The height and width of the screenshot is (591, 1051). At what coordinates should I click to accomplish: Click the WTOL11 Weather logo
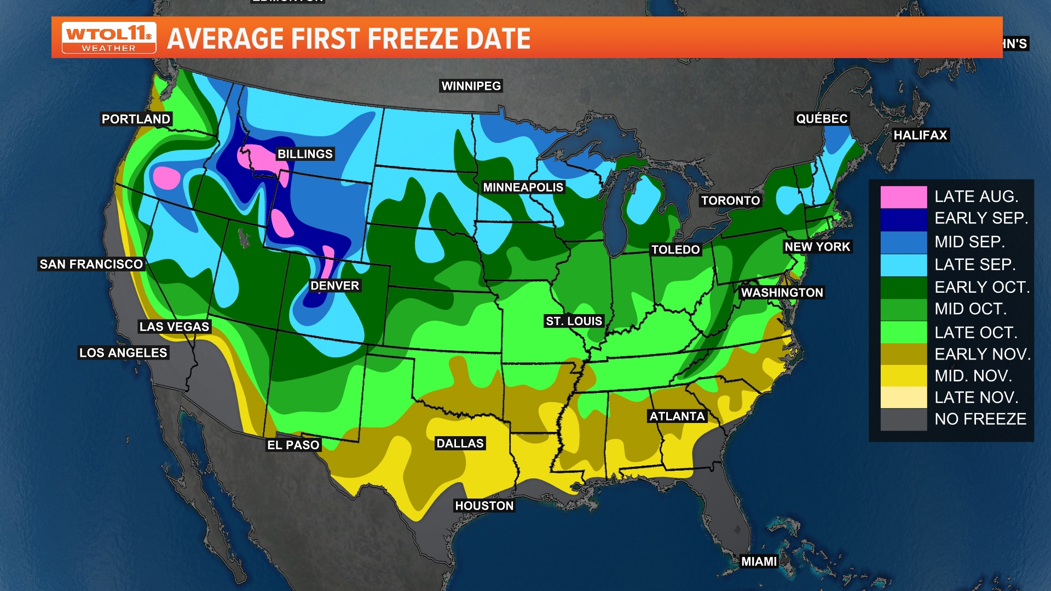[109, 38]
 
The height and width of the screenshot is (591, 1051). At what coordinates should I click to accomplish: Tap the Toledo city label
[675, 250]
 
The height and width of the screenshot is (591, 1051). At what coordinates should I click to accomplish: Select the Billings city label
[305, 154]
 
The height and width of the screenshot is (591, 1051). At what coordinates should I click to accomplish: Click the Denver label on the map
[334, 286]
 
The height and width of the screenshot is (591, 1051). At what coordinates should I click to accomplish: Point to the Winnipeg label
[471, 86]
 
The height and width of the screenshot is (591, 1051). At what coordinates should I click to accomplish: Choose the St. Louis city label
[574, 321]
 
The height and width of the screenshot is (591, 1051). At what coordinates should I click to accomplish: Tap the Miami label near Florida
[759, 561]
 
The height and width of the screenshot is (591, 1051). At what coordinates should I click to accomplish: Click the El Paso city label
[293, 445]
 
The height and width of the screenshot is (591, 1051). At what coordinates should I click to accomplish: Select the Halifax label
[920, 135]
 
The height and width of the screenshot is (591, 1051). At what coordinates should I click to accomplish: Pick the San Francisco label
[91, 264]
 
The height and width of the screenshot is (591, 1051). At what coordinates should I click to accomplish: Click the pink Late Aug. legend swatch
[903, 197]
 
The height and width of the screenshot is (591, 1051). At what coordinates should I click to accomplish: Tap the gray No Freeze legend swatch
[903, 420]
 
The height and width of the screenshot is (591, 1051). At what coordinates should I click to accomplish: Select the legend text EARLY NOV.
[982, 354]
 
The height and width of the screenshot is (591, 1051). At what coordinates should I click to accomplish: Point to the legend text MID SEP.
[969, 241]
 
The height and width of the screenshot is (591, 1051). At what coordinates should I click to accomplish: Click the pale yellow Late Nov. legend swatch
[903, 398]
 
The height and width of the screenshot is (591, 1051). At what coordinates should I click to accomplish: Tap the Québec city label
[822, 119]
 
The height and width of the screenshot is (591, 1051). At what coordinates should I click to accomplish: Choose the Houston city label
[484, 506]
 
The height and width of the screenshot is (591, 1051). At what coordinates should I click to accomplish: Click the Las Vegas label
[174, 327]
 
